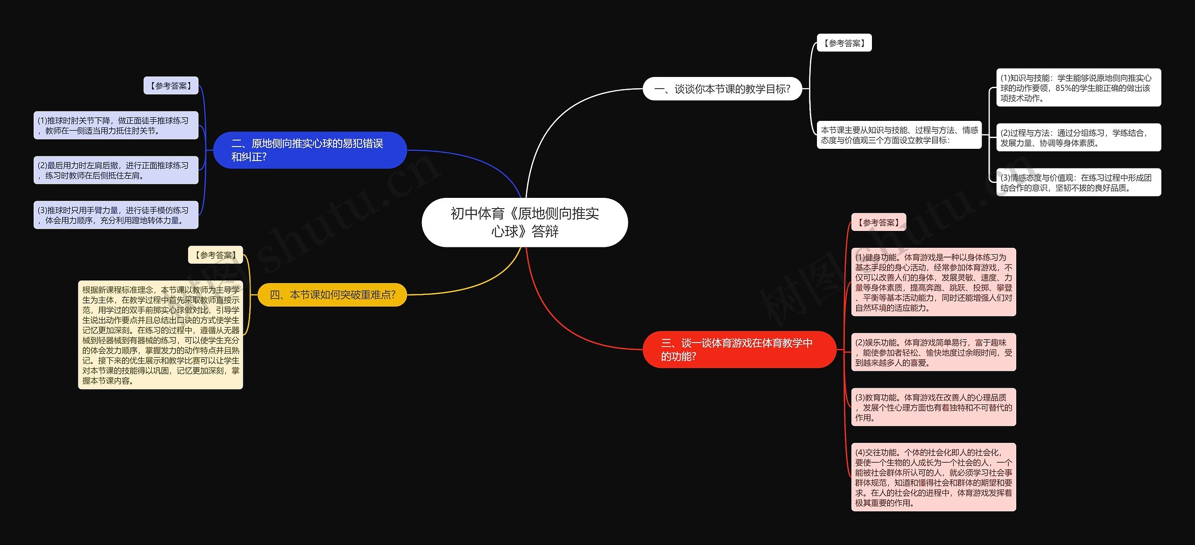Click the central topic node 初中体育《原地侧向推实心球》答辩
[525, 222]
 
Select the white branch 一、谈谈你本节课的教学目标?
[722, 89]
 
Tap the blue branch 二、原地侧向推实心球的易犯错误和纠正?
[310, 150]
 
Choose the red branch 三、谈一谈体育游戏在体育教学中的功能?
[739, 349]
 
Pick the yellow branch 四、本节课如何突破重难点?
[332, 295]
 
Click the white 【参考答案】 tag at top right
[844, 43]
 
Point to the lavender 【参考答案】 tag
[171, 86]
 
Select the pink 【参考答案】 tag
[879, 223]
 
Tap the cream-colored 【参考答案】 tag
[216, 255]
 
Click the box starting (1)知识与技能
[1078, 88]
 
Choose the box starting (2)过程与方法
[1078, 138]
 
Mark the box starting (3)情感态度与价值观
[1078, 182]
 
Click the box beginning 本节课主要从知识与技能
[899, 135]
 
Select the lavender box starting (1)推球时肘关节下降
[116, 126]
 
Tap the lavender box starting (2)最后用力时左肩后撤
[116, 170]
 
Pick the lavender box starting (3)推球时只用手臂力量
[116, 215]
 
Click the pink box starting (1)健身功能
[934, 282]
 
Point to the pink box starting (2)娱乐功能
[934, 352]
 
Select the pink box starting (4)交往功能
[934, 477]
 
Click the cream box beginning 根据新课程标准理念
[161, 335]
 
